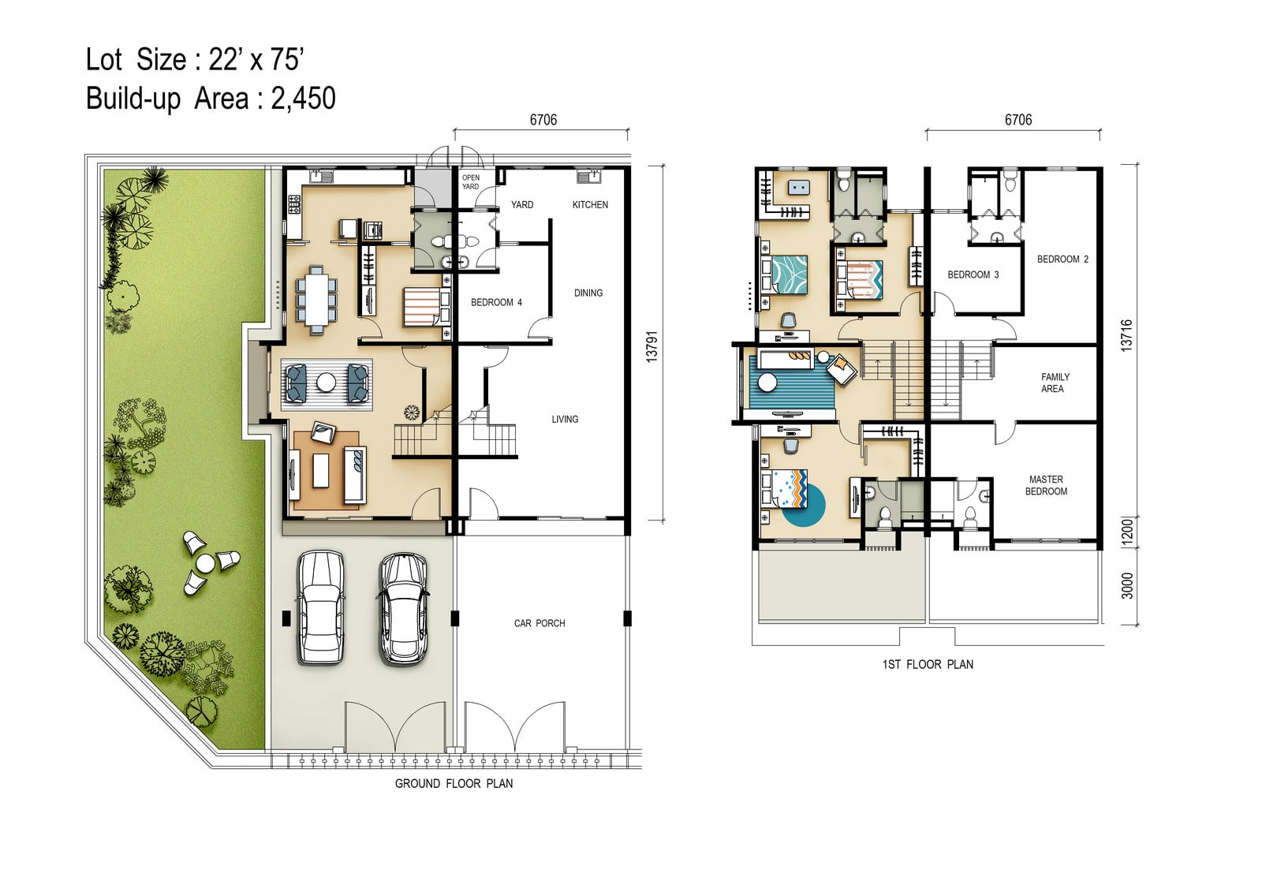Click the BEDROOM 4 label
pos(496,303)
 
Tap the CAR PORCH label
pos(540,623)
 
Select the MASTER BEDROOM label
pos(1046,485)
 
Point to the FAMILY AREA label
pos(1055,383)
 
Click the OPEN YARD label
pos(470,182)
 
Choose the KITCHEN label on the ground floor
pos(590,204)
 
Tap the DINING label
pos(588,293)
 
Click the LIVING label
pos(565,420)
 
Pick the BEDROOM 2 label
pos(1062,259)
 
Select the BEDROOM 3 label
pos(973,275)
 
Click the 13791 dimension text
pos(652,346)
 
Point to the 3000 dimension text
pos(1127,586)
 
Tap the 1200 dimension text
pos(1127,532)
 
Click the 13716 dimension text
pos(1126,336)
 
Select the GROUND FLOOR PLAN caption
pos(454,784)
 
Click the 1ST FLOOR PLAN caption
pos(928,665)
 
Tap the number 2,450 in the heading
pos(303,99)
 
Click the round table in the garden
pos(204,562)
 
